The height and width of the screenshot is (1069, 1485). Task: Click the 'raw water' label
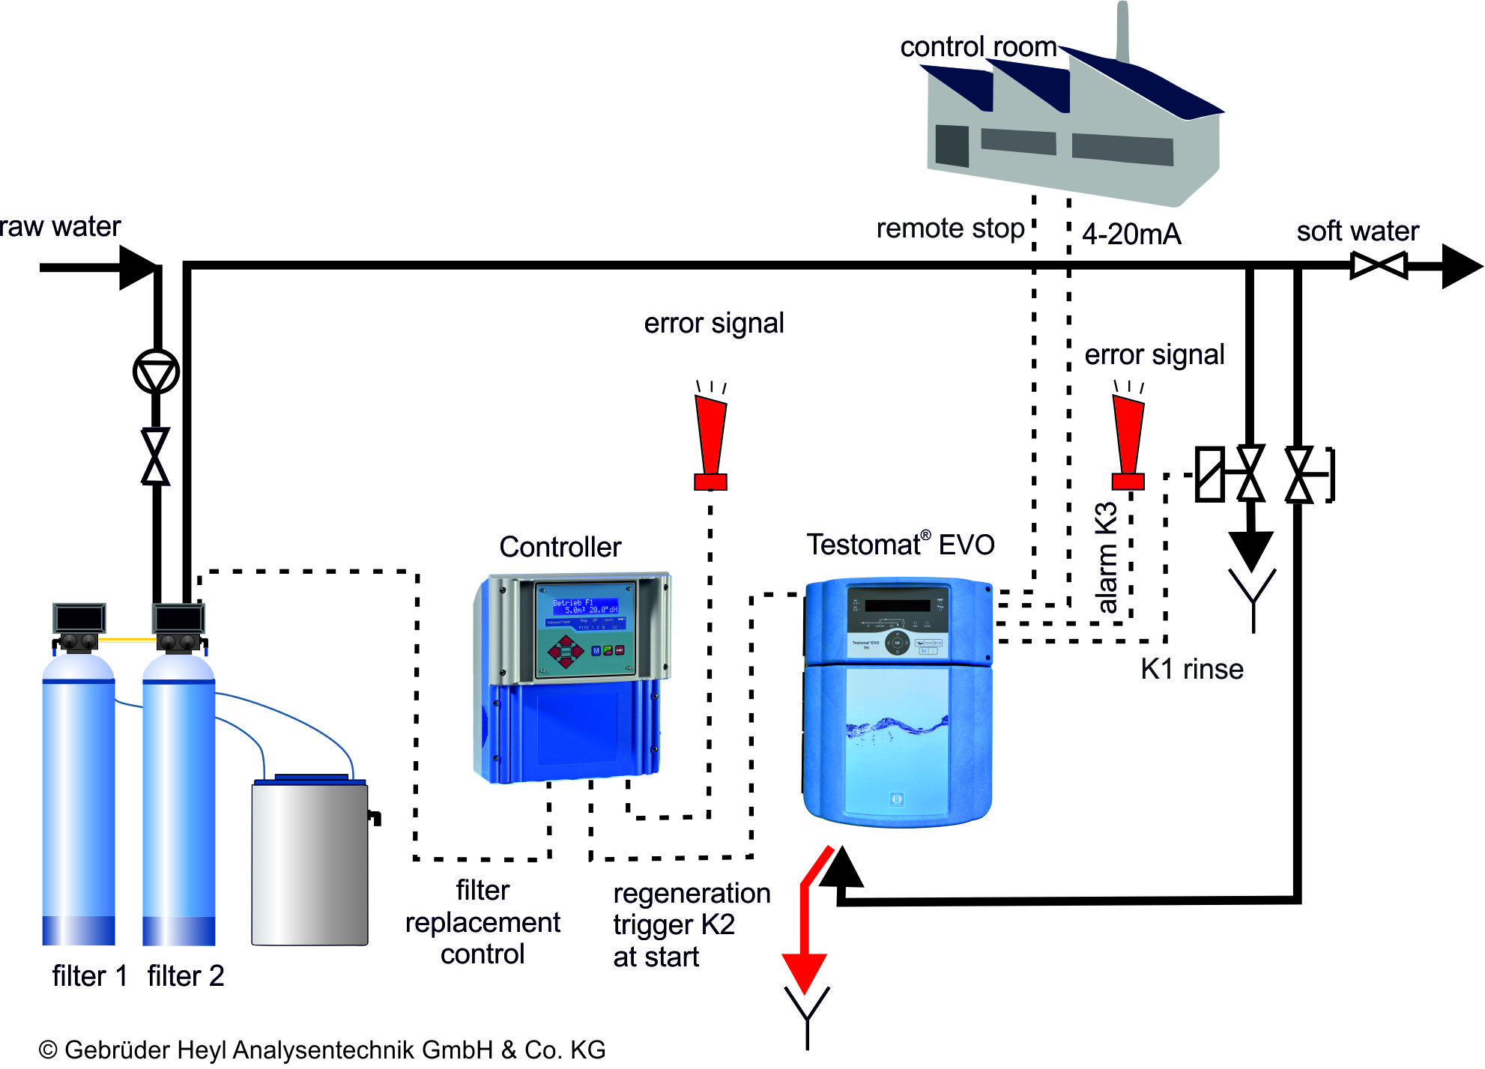(60, 226)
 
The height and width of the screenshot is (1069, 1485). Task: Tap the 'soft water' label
(1357, 231)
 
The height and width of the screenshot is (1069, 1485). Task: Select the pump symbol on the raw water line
(156, 372)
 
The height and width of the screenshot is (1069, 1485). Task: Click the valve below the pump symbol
(156, 456)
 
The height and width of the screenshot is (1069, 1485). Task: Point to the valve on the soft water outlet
(1378, 265)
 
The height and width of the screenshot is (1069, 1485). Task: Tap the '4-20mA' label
(1131, 234)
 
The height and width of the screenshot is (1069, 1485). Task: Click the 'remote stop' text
(949, 228)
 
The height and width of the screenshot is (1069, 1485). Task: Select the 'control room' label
(977, 47)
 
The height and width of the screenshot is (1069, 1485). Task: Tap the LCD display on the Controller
(584, 606)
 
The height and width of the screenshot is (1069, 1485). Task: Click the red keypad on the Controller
(566, 650)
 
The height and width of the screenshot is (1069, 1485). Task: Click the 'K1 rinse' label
(1191, 669)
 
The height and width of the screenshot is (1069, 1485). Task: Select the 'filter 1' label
(89, 976)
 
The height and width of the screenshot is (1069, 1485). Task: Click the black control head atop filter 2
(178, 619)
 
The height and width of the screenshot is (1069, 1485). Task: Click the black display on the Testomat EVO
(897, 604)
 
